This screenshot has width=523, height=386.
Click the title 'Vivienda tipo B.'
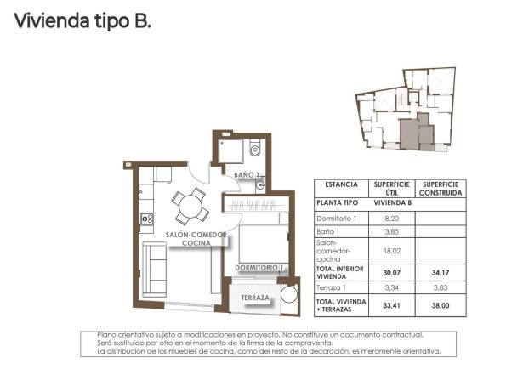[x=82, y=20]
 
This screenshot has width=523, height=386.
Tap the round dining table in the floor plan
[x=190, y=205]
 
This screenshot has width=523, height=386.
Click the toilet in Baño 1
[x=254, y=150]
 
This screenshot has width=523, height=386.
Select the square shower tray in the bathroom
[x=230, y=151]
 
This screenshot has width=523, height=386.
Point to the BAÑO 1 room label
[x=245, y=175]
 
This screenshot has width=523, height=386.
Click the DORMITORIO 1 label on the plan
[x=259, y=268]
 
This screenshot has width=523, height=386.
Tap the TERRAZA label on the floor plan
[x=255, y=298]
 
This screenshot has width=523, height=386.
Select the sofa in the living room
[x=153, y=266]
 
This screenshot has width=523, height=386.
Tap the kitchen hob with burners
[x=145, y=218]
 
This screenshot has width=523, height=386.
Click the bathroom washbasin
[x=260, y=183]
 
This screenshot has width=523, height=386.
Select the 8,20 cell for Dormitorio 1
[x=392, y=218]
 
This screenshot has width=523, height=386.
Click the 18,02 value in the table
[x=392, y=250]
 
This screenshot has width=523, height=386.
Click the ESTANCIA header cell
[x=340, y=183]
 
